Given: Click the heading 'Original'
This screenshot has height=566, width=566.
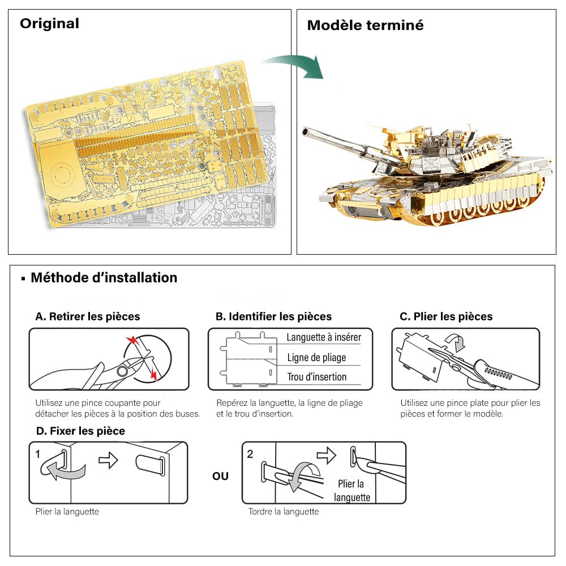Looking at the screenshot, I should click(49, 24).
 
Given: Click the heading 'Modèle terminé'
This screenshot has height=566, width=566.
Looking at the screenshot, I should click(365, 25).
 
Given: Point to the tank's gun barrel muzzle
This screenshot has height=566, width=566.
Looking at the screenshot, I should click(306, 132).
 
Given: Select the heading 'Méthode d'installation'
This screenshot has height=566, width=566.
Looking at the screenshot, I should click(104, 278).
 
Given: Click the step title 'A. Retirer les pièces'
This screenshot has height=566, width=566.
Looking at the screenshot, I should click(88, 316).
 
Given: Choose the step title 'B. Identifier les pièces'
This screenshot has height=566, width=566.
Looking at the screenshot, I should click(273, 316).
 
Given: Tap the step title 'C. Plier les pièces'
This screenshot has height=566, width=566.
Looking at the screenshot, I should click(446, 316).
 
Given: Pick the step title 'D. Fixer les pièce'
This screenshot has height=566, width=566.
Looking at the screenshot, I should click(80, 431).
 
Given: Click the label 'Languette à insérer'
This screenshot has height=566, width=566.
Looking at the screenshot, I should click(324, 337).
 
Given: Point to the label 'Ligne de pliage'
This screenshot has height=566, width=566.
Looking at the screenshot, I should click(316, 358).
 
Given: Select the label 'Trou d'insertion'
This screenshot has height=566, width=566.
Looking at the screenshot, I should click(316, 377).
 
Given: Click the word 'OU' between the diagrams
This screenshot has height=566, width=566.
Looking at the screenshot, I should click(220, 476).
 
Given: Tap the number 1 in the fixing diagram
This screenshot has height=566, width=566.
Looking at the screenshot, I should click(37, 454).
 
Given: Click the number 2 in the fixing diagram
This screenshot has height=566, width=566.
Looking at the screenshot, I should click(250, 454).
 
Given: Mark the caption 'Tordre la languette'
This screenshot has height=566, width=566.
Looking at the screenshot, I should click(284, 512).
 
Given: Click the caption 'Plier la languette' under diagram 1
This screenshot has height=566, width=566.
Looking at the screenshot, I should click(67, 512).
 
